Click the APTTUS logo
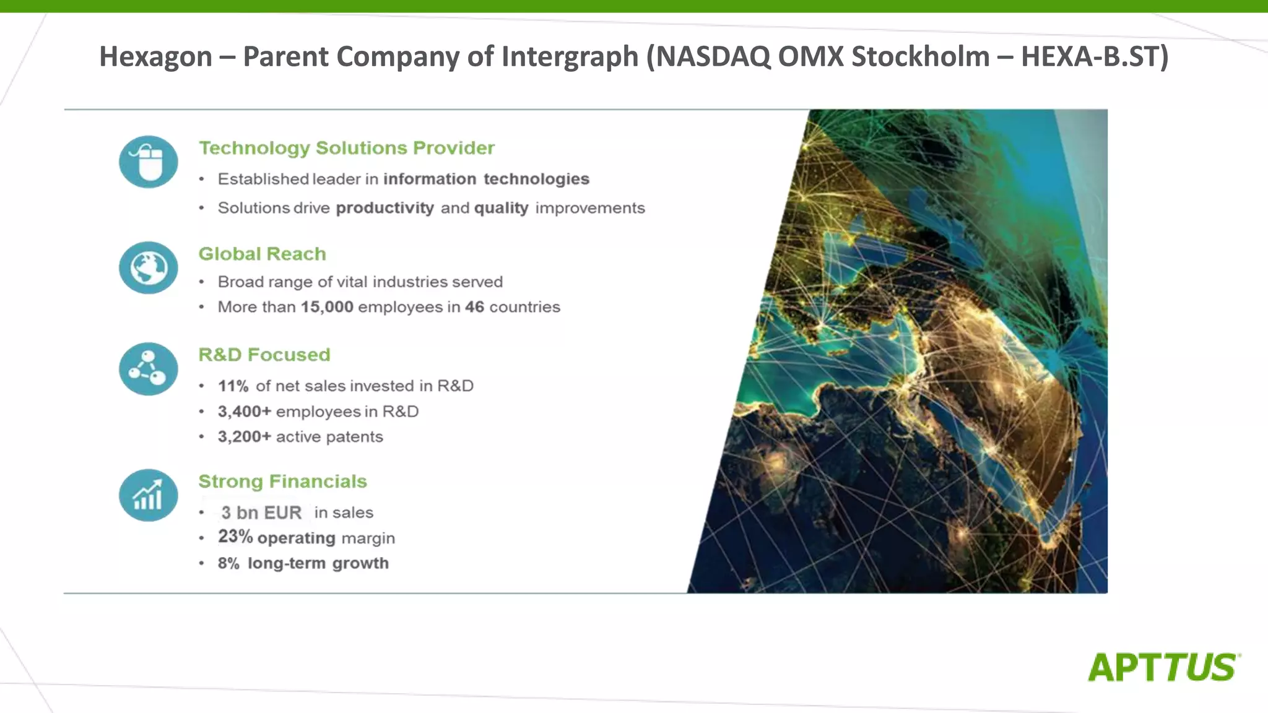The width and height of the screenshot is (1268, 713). tap(1163, 667)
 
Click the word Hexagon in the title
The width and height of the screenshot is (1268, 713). tap(155, 57)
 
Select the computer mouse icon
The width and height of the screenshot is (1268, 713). tap(149, 162)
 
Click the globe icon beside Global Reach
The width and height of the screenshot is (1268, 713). tap(149, 267)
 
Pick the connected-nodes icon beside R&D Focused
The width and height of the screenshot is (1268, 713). tap(149, 369)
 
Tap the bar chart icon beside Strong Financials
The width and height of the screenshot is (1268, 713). tap(149, 495)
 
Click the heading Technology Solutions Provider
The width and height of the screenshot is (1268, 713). tap(346, 148)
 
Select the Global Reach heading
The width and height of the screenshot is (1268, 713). tap(262, 254)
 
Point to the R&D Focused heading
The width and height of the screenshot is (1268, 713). tap(264, 355)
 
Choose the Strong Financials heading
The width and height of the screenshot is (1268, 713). tap(282, 482)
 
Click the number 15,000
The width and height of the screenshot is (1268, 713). tap(327, 307)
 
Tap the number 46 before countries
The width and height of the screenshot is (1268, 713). tap(474, 307)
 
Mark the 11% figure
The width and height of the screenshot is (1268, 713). tap(233, 386)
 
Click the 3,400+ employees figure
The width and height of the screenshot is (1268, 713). tap(244, 412)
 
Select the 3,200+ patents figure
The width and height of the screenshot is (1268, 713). tap(244, 437)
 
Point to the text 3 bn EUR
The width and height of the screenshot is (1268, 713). tap(261, 512)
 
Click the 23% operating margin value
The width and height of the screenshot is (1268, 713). tap(235, 537)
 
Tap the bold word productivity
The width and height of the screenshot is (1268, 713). tap(384, 208)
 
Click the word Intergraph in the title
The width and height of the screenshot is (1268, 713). tap(570, 57)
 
